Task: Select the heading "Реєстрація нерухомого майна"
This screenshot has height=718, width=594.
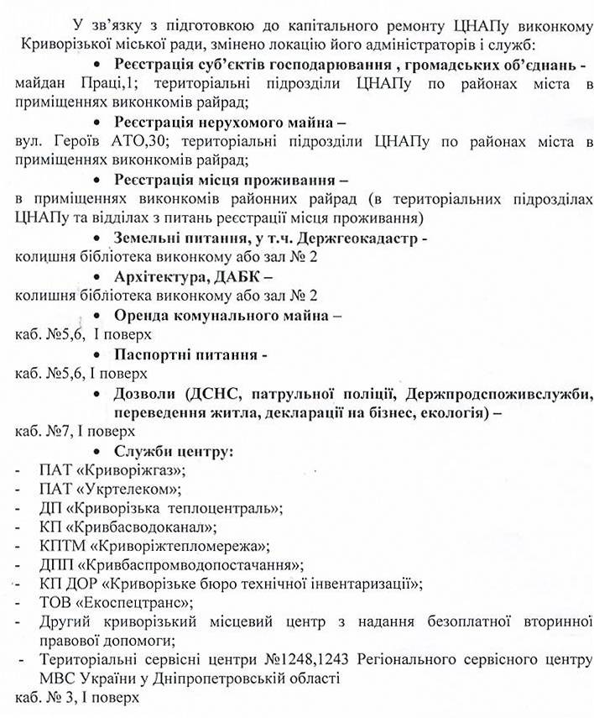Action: tap(216, 121)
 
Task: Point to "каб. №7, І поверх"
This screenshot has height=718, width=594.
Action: tap(75, 432)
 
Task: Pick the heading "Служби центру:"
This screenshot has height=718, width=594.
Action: tap(173, 451)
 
